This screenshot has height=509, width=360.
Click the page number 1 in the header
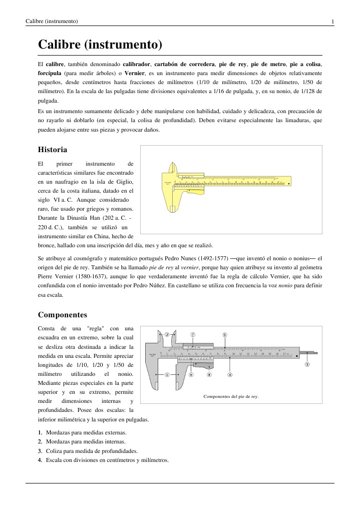(x=332, y=22)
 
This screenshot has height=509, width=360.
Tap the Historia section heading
(x=53, y=149)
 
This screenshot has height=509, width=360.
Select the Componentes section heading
(x=63, y=315)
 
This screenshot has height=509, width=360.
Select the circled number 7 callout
(x=193, y=335)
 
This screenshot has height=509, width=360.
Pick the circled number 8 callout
(x=209, y=374)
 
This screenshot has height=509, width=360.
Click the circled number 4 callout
(x=229, y=374)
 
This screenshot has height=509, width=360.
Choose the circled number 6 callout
(x=191, y=374)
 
